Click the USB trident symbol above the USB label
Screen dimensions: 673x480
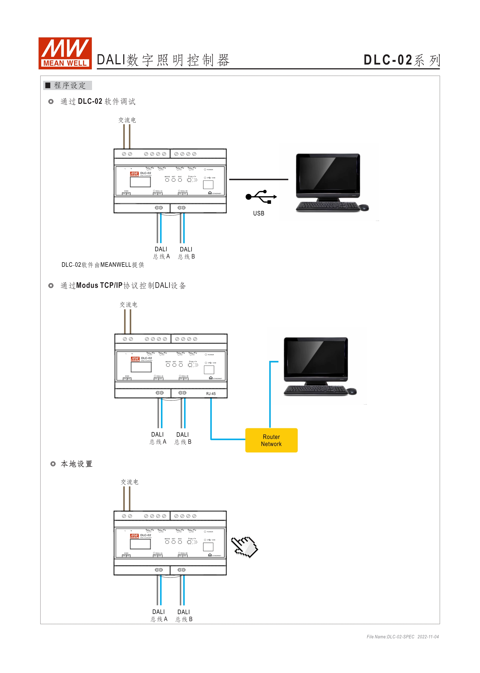point(261,197)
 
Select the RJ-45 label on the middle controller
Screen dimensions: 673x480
point(211,394)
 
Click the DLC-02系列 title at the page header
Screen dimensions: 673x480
point(401,60)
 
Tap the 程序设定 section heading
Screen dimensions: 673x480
point(70,85)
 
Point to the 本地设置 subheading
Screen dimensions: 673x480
point(76,464)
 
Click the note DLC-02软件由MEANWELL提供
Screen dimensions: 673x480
point(103,265)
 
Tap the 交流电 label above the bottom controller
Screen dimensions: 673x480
point(129,482)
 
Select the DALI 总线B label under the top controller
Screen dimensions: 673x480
point(186,253)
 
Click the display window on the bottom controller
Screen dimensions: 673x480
point(140,544)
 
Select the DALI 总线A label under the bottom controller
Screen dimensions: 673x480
point(159,615)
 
